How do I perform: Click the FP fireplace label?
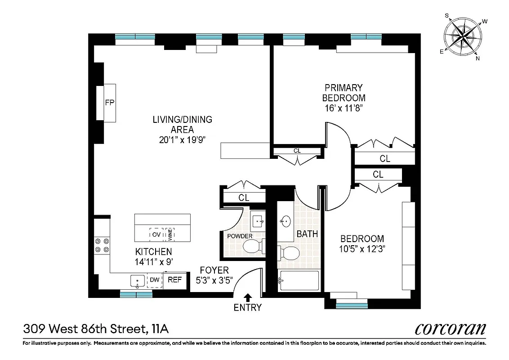pos(110,103)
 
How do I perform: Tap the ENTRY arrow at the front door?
pos(247,297)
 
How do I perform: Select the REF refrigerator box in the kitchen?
pos(174,280)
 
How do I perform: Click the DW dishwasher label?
pos(155,280)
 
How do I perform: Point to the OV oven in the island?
pos(156,234)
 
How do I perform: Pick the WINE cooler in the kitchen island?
pos(170,234)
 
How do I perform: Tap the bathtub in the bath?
pos(299,281)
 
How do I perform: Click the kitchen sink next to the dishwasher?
pos(137,281)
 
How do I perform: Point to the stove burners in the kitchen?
pos(102,244)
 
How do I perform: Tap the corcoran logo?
pos(450,329)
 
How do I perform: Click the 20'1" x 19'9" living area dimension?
pos(182,139)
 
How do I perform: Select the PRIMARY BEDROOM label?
pos(344,93)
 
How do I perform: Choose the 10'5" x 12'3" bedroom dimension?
pos(362,248)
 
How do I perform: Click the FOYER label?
pos(214,270)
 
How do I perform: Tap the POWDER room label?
pos(240,236)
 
